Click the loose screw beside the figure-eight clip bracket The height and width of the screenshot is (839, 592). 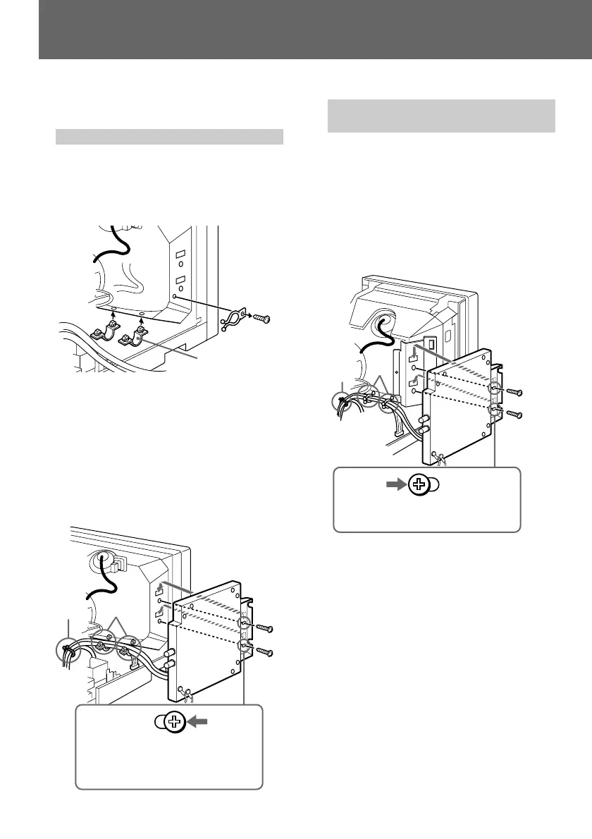pos(264,318)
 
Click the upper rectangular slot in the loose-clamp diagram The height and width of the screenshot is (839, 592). pos(180,254)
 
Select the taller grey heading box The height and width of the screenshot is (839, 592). pos(441,116)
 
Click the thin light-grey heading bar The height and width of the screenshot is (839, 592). pos(169,136)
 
